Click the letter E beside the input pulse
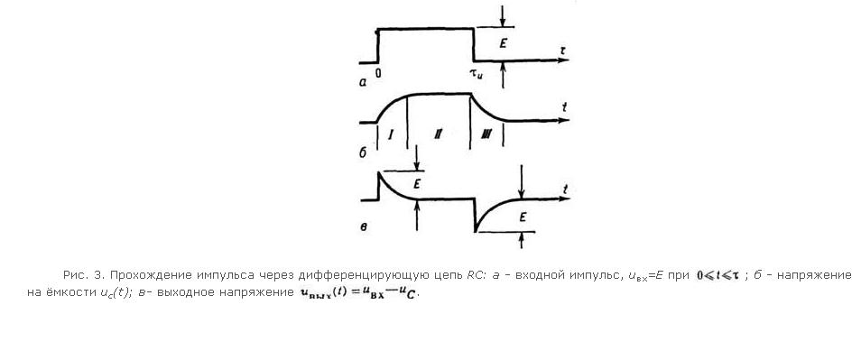503,43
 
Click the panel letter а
363,82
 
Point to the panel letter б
363,152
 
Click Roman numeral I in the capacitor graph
391,134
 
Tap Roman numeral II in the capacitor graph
438,134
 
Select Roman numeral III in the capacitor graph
486,134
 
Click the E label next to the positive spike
417,185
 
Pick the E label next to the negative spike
523,217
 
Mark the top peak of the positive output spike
378,172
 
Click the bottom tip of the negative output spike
475,231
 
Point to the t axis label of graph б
564,108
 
